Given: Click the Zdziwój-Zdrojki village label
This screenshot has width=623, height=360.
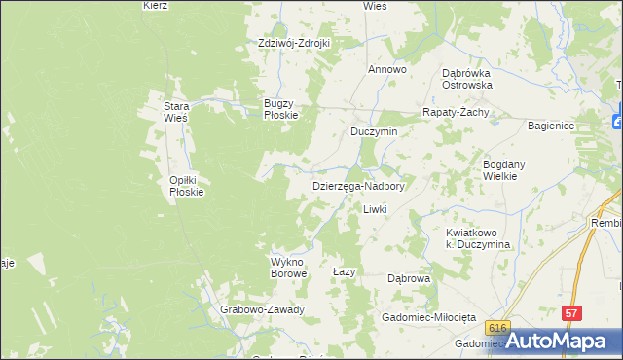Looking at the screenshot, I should [294, 43].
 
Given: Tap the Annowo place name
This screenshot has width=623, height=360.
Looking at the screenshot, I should [386, 70].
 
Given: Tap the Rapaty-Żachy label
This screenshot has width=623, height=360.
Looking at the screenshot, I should [455, 112].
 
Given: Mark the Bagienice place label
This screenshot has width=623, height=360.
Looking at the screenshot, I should [552, 126].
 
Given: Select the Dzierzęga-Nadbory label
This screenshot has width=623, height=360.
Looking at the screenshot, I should [357, 185].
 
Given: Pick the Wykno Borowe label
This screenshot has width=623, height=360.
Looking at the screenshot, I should [288, 268].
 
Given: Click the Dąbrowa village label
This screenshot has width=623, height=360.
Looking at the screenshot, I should [409, 278].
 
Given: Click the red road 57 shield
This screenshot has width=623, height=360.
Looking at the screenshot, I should [571, 313].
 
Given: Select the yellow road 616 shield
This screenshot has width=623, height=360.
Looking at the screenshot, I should [499, 328].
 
